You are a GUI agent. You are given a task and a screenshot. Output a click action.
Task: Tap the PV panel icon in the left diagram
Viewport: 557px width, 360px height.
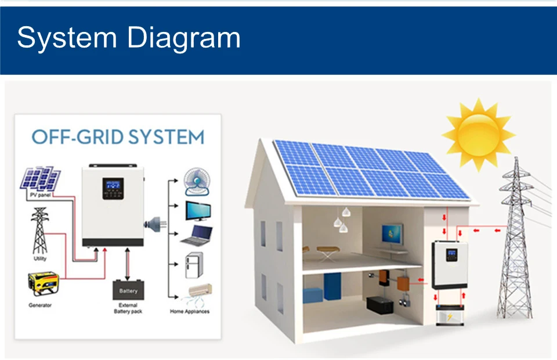41,178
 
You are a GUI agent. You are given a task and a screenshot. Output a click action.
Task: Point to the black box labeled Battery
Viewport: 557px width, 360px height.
128,290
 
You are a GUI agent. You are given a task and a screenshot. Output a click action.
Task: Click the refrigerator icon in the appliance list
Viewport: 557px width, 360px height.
193,267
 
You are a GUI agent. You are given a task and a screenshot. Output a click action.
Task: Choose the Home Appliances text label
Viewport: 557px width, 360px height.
190,312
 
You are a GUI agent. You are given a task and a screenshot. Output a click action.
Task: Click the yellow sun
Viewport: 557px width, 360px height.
478,132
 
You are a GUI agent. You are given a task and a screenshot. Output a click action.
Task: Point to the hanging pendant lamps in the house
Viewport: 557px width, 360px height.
343,220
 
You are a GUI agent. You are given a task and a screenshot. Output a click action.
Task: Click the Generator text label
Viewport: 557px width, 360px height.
41,305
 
